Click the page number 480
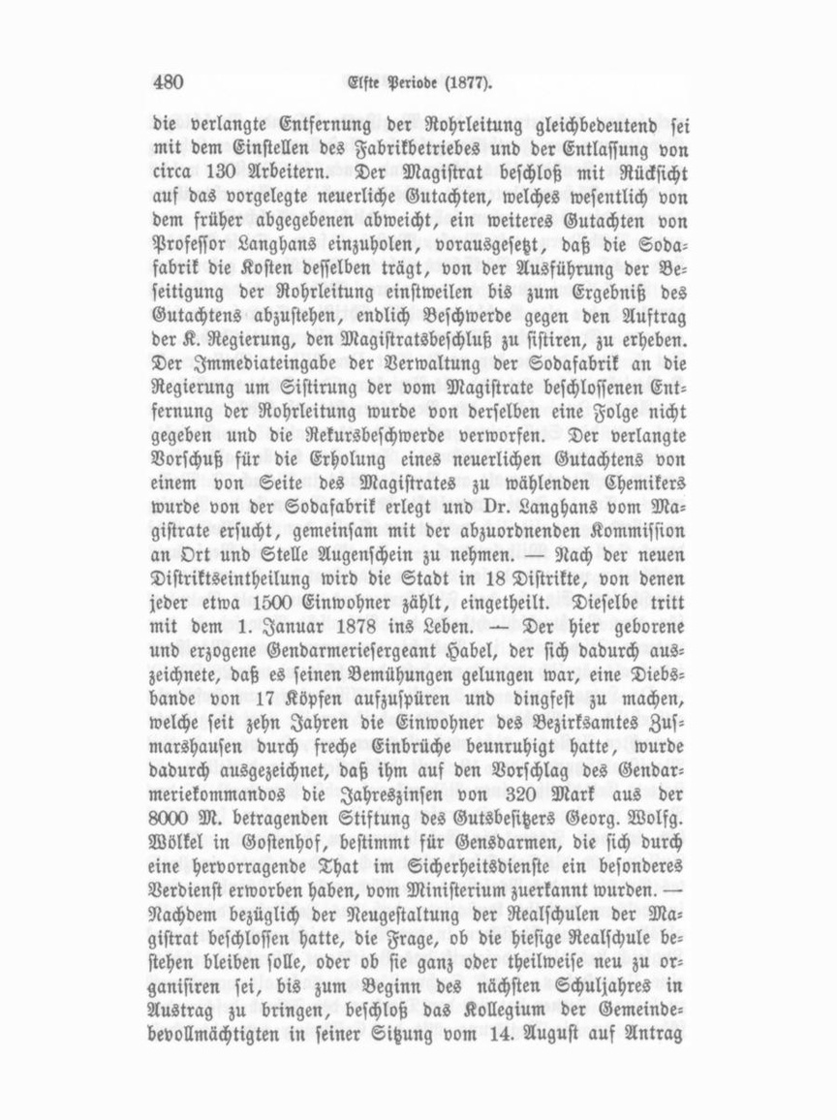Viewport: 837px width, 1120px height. [x=169, y=81]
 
